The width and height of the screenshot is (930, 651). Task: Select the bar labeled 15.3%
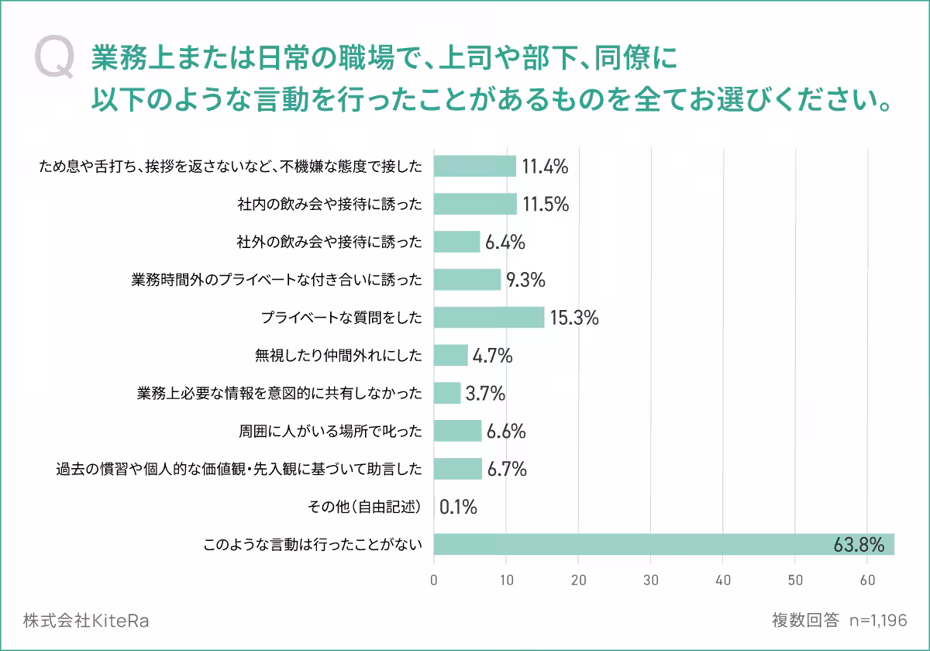(489, 318)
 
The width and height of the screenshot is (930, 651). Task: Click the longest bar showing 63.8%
(663, 544)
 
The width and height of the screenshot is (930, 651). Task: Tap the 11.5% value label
(546, 205)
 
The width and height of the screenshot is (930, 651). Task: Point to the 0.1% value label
(458, 508)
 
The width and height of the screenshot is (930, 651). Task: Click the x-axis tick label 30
(651, 579)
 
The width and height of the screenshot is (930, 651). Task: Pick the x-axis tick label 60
(868, 579)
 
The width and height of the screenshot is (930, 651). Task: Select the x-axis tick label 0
(434, 579)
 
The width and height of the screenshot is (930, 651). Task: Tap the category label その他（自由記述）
(365, 508)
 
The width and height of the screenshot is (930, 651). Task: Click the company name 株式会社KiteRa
(86, 621)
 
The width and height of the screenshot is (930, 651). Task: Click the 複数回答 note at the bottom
(805, 621)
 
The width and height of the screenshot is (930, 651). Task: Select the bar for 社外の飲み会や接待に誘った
(457, 242)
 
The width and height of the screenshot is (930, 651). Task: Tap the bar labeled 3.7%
(447, 393)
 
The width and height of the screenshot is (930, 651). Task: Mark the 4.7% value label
(493, 356)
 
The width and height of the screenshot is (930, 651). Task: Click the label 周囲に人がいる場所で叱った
(330, 431)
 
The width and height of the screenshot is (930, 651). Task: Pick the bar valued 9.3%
(467, 280)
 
